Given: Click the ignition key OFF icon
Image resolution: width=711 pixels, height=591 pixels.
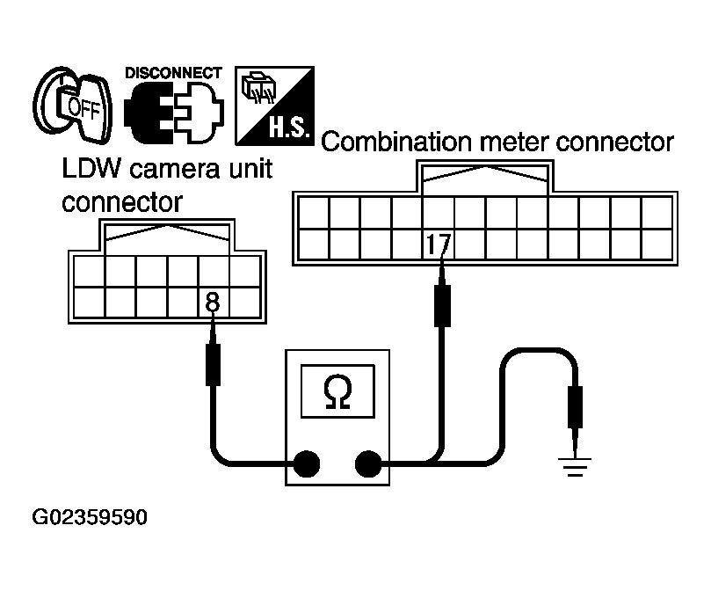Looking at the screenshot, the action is [73, 106].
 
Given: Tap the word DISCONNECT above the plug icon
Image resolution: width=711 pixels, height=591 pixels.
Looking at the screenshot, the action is [173, 73].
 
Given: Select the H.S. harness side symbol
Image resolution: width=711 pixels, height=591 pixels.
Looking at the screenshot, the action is [274, 106].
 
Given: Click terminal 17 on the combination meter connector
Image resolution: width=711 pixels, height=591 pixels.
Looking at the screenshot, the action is [439, 244].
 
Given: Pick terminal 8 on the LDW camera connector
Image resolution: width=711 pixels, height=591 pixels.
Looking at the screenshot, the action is [212, 302].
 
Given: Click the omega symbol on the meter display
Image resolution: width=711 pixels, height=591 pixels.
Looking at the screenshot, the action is [337, 393].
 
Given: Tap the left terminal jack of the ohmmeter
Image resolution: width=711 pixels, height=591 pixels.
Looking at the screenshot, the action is [307, 463].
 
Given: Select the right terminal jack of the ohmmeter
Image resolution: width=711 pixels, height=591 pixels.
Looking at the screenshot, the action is [368, 463].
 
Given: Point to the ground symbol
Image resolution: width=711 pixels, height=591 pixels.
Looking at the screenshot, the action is [575, 467].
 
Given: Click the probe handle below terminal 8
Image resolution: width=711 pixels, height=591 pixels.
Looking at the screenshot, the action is [213, 365].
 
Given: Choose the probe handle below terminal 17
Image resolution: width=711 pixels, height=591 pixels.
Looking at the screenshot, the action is [442, 305].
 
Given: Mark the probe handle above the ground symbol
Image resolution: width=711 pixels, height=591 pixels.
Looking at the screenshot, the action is [575, 407].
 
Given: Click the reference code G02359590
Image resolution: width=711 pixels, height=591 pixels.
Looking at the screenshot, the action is [90, 517].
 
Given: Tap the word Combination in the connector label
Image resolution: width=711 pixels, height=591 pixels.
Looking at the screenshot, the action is [396, 142].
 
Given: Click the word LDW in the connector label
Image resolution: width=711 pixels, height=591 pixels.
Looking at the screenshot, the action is [91, 168].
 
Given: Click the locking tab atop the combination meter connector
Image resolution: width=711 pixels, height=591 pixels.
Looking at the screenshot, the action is [485, 176].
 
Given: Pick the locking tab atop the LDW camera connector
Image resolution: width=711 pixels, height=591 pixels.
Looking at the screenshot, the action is [167, 235].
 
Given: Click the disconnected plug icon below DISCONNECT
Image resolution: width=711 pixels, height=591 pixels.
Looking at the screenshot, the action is [174, 113].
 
